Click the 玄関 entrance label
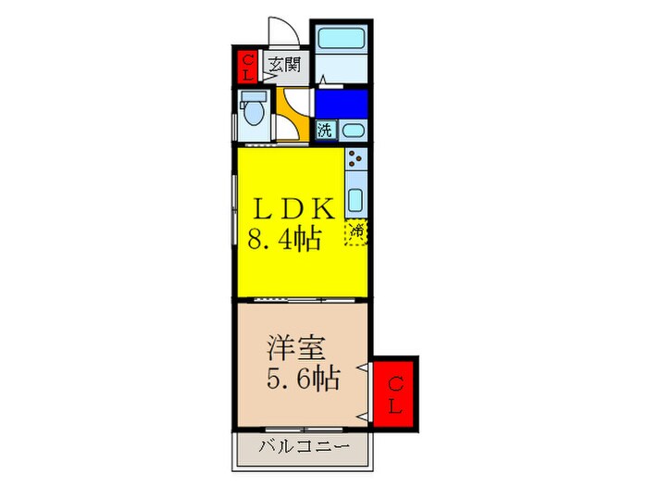click(284, 65)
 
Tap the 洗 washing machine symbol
click(324, 130)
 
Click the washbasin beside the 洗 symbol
click(352, 130)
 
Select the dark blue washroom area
click(341, 103)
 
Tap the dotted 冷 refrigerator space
click(355, 231)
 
